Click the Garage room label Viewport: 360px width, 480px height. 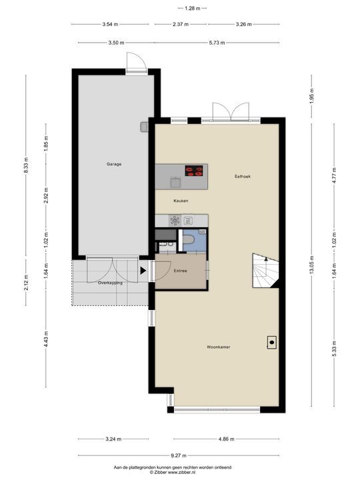coord(114,164)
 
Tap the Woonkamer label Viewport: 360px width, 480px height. coord(218,347)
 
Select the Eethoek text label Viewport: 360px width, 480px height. coord(242,177)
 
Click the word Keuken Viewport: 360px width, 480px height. coord(181,201)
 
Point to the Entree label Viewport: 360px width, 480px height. coord(181,271)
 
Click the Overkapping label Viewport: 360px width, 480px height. coord(110,283)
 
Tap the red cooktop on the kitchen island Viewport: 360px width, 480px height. coord(194,171)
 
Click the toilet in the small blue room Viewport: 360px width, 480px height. coord(188,239)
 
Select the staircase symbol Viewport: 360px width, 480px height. coord(265,271)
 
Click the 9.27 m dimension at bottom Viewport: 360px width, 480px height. coord(179,456)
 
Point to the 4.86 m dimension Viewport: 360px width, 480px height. coord(227,439)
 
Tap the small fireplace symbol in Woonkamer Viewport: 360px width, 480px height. coord(272,343)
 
